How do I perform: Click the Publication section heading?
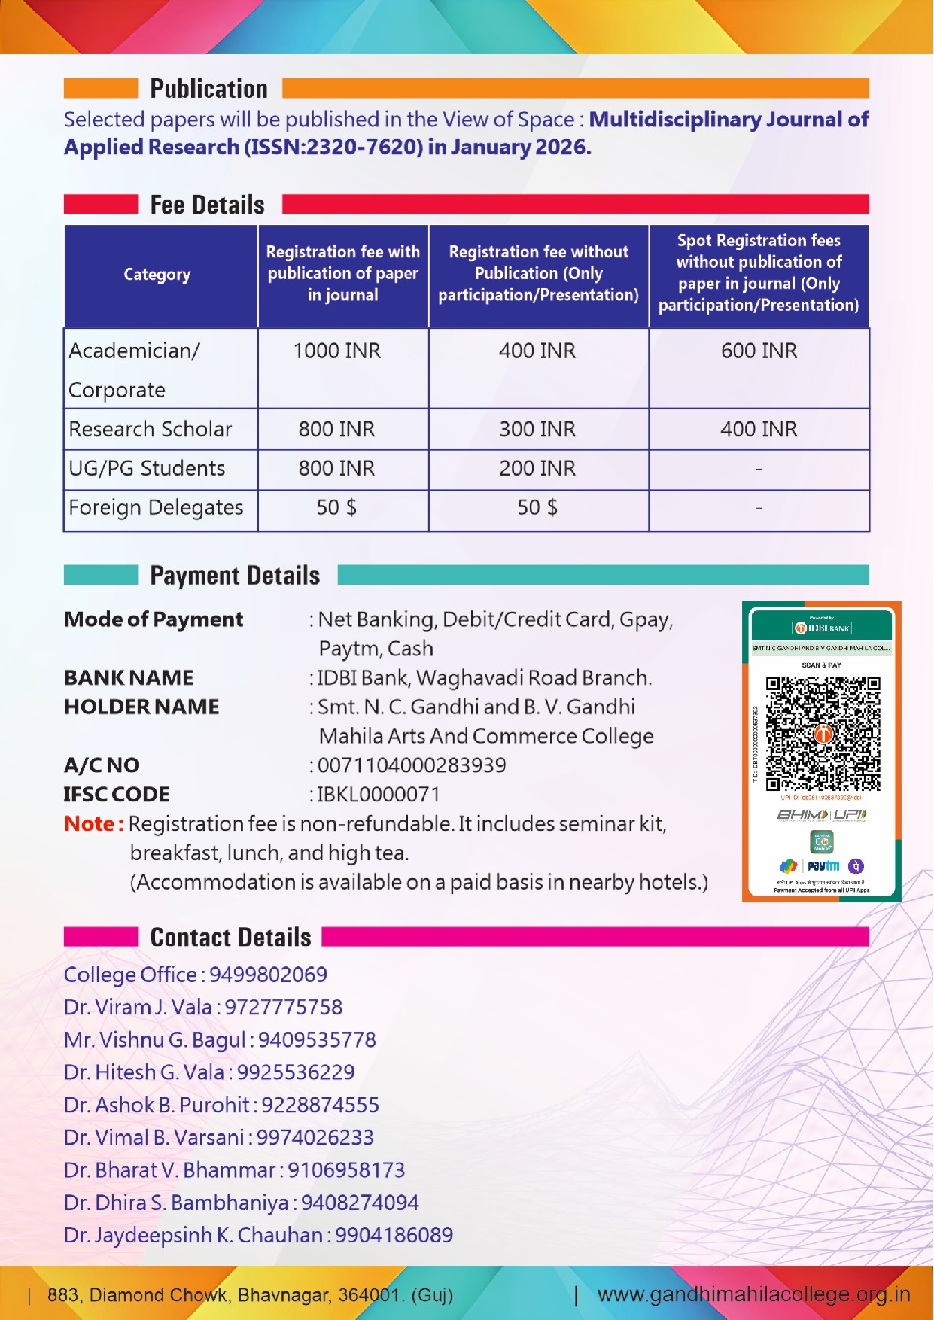click(x=208, y=89)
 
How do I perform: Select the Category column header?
click(x=157, y=275)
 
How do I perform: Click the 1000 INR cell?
click(x=336, y=351)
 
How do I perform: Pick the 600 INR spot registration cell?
click(x=759, y=351)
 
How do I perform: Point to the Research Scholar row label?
click(x=151, y=429)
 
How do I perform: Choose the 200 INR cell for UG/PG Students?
click(x=537, y=468)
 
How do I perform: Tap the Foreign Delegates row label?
click(x=156, y=508)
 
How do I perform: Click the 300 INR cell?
click(x=537, y=429)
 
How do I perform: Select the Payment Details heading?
click(x=235, y=576)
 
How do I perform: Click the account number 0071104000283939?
click(x=412, y=765)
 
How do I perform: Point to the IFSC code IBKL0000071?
click(x=379, y=795)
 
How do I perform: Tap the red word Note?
click(x=90, y=824)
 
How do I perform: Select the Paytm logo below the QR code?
click(x=823, y=866)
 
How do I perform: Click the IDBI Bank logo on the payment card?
click(x=822, y=628)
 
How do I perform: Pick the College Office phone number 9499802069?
click(x=268, y=975)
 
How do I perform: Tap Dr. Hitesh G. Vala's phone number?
click(x=296, y=1072)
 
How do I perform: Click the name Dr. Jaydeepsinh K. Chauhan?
click(x=193, y=1236)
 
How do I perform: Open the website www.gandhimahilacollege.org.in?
click(x=753, y=1294)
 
